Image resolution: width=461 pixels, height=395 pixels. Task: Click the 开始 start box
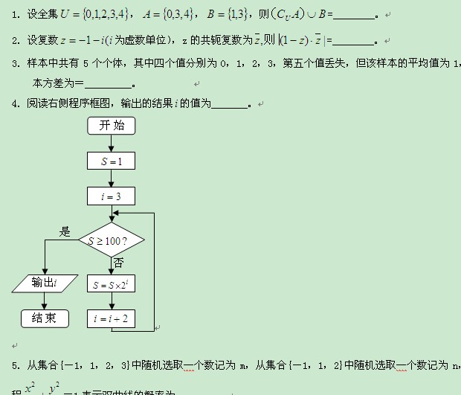(x=112, y=126)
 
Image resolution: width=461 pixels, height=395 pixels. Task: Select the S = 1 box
(x=112, y=161)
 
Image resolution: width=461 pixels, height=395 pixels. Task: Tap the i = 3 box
(x=112, y=196)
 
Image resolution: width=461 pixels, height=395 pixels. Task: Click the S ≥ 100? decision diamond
(x=112, y=240)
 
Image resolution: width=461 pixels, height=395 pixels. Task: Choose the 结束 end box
(x=45, y=318)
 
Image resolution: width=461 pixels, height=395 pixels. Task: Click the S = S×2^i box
(x=112, y=283)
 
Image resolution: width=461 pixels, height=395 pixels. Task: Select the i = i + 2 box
(x=112, y=318)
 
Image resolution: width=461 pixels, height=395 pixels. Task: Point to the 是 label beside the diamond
(x=65, y=231)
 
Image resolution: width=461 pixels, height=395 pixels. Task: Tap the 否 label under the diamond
(x=118, y=263)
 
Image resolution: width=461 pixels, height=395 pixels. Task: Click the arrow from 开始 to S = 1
(x=112, y=143)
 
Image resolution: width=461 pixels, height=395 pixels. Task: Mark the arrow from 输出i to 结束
(x=45, y=301)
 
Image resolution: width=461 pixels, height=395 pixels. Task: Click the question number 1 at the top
(x=16, y=14)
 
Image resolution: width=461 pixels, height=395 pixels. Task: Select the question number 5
(x=16, y=365)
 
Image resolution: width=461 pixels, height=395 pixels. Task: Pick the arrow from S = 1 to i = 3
(x=112, y=179)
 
